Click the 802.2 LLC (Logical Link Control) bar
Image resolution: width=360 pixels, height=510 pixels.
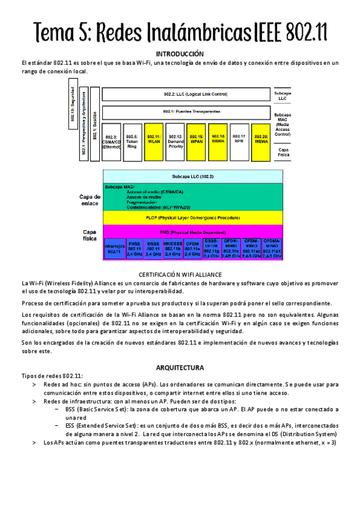coord(187,94)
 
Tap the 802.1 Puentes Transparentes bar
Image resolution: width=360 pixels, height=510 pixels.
coord(187,112)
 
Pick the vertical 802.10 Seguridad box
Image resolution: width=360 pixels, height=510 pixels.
coord(73,108)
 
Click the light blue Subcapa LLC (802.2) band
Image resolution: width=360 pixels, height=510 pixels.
coord(193,177)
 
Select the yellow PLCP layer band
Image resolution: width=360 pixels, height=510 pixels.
coord(193,217)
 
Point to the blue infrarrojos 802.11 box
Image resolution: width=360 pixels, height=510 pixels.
coord(114,248)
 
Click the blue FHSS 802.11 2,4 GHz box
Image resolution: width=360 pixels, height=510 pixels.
coord(134,248)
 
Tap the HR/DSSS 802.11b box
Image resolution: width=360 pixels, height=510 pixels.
coord(172,248)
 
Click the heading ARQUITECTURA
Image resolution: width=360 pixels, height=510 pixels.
coord(180,367)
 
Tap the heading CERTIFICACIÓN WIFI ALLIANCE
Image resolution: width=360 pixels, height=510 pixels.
coord(180,274)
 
